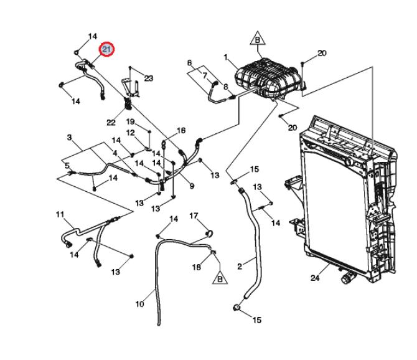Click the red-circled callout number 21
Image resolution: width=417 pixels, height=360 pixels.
coord(106,49)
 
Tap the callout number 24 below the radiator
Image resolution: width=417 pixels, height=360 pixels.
coord(315,278)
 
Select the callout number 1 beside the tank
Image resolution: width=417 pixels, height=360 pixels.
coord(225,57)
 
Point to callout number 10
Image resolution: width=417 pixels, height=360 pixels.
coord(139,304)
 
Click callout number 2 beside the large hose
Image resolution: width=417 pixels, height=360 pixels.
coord(240,267)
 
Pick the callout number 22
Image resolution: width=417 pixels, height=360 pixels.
coord(111,123)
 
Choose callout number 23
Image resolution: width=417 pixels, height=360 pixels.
coord(149,78)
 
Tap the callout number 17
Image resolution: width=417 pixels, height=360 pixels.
coord(194,216)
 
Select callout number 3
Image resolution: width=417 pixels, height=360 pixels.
coord(69,137)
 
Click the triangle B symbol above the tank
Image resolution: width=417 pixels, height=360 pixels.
coord(258,38)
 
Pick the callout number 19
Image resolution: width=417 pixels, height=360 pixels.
coord(130,121)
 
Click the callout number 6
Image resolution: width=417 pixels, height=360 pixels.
coord(189,63)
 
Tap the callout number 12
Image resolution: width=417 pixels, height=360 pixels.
coord(130,133)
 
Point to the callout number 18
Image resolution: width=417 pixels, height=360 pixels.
coord(197,267)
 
